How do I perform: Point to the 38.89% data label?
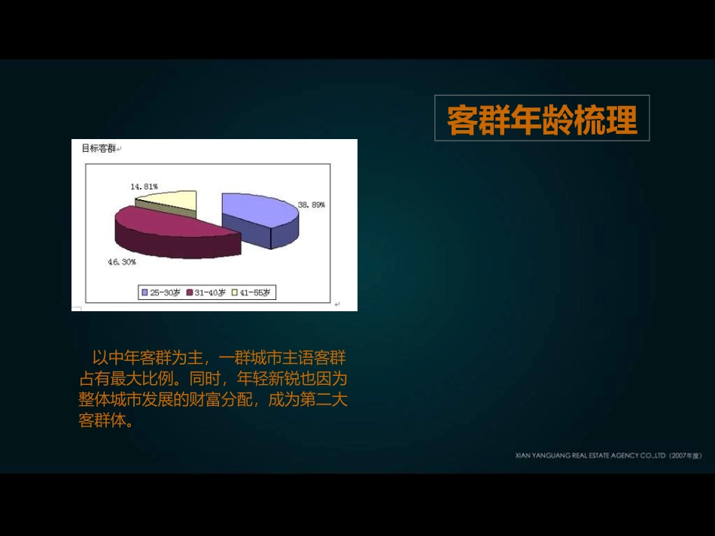click(312, 204)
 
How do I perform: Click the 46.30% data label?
click(121, 262)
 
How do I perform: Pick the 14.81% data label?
click(144, 186)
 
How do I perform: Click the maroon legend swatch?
click(190, 292)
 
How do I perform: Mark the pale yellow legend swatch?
click(235, 292)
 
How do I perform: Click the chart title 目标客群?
click(99, 148)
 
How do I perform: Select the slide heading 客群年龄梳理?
click(542, 120)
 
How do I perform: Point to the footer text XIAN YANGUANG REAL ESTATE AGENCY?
click(588, 456)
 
